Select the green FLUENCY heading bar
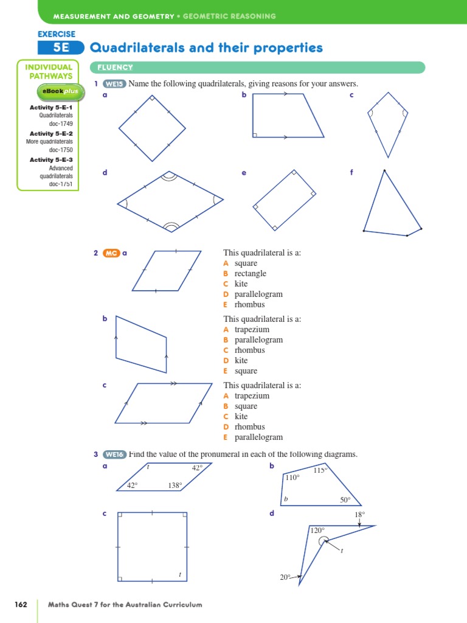(x=257, y=68)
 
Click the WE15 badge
(x=114, y=84)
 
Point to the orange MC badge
(x=111, y=253)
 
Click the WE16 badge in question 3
(x=114, y=454)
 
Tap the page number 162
(x=21, y=605)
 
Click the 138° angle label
(x=175, y=486)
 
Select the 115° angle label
(x=320, y=470)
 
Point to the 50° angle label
(x=345, y=500)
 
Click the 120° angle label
(x=317, y=531)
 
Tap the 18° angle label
(x=359, y=515)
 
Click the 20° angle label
(x=285, y=577)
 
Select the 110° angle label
(x=292, y=478)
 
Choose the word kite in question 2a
(x=241, y=284)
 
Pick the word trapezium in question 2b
(x=252, y=330)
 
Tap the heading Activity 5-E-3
(x=51, y=160)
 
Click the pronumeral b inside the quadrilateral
(x=285, y=499)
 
